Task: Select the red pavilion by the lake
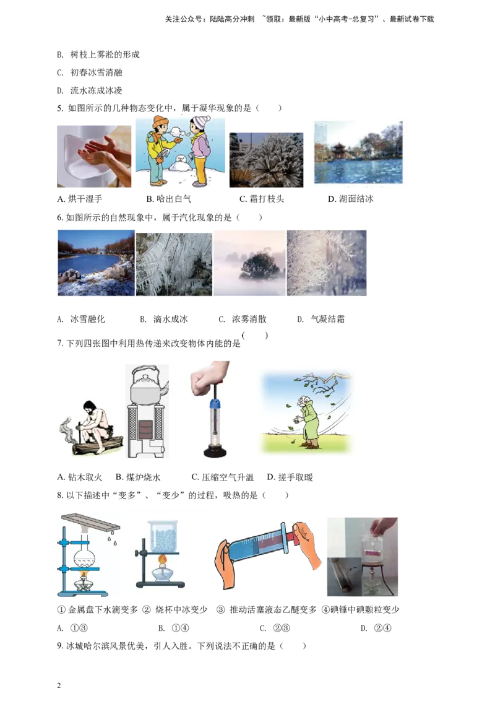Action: tap(338, 150)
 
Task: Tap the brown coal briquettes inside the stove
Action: tap(147, 427)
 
